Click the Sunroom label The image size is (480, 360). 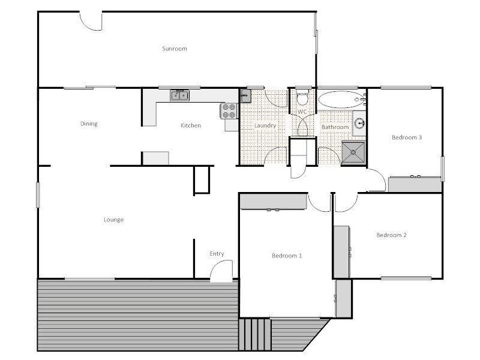(x=175, y=49)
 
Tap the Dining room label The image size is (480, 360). (x=89, y=124)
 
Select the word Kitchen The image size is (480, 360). (x=191, y=125)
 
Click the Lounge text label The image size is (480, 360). (x=113, y=220)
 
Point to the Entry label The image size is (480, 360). (x=217, y=254)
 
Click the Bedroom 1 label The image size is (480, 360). (x=287, y=256)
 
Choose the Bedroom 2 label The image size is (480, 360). (x=391, y=235)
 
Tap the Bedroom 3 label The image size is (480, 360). (x=407, y=137)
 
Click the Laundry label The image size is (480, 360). (x=265, y=126)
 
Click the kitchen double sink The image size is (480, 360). (x=179, y=95)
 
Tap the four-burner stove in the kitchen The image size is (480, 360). (x=229, y=110)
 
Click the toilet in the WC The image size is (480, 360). (x=302, y=96)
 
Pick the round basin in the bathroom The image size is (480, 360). (x=359, y=124)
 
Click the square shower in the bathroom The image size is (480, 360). (x=353, y=152)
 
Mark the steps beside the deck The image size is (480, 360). (x=255, y=334)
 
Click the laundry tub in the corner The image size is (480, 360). (x=245, y=96)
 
